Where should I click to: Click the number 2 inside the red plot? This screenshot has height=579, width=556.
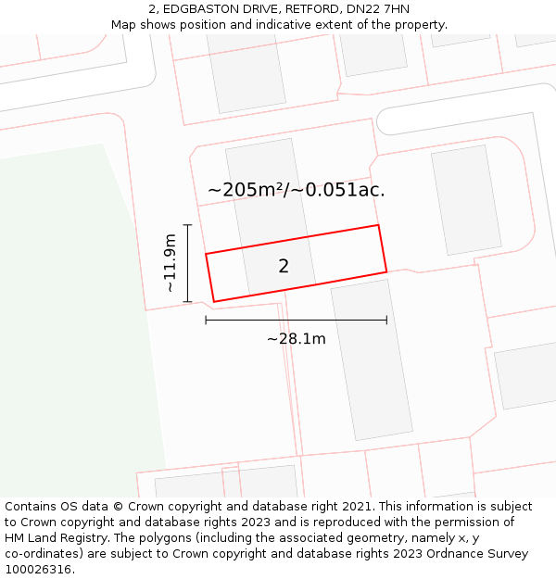point(284,267)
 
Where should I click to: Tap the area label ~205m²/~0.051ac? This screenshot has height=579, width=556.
point(296,190)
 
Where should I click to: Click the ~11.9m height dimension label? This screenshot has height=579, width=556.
point(170,263)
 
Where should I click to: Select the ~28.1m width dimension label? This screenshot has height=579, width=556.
point(296,339)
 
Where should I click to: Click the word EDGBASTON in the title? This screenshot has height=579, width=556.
point(203,9)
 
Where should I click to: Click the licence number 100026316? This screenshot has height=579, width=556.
point(40,569)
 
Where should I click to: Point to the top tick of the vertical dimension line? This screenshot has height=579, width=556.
point(187,225)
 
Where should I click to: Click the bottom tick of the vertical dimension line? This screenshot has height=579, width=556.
point(187,301)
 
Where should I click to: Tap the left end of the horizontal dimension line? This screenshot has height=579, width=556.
point(206,321)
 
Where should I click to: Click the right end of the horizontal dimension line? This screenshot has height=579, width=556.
point(386,321)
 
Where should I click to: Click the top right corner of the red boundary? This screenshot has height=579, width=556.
point(378,225)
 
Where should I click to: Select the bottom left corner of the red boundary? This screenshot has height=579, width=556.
point(214,301)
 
